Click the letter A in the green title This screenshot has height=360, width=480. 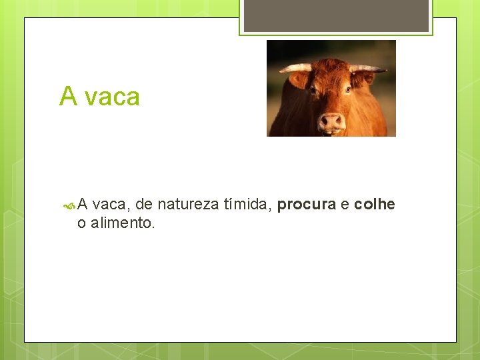point(68,97)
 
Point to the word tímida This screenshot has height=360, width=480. point(247,205)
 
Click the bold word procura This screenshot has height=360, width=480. point(306,205)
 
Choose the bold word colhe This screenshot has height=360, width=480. point(375,205)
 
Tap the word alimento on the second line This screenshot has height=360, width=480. point(123,223)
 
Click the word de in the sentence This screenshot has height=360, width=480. point(143,205)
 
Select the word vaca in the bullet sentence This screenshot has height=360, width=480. point(111,205)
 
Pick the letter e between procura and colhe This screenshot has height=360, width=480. point(345,205)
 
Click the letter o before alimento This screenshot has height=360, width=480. point(81,224)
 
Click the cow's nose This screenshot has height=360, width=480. point(331,122)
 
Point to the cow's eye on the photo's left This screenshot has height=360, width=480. point(313,90)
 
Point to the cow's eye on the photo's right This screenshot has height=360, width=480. point(348,89)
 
